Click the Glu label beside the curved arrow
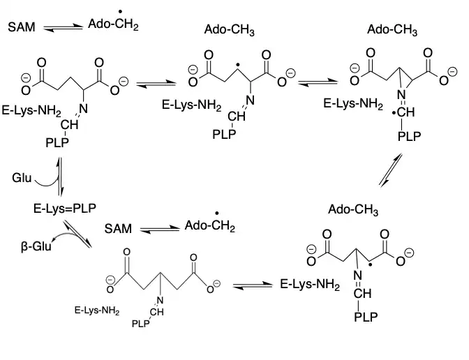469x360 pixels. [22, 178]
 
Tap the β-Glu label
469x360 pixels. [36, 246]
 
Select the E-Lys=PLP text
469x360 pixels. [65, 209]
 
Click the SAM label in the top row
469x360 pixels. [22, 27]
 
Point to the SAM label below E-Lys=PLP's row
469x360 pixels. [118, 229]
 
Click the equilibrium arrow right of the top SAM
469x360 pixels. [63, 28]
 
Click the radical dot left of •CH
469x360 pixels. [394, 113]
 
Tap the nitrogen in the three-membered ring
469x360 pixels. [401, 95]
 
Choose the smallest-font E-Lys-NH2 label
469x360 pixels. [97, 310]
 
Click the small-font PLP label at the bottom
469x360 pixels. [140, 324]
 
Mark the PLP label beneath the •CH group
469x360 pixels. [409, 136]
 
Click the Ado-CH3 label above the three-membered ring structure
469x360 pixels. [392, 30]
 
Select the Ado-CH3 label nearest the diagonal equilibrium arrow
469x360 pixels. [353, 209]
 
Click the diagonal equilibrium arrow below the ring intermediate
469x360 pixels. [390, 170]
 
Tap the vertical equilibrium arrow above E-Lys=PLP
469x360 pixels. [60, 177]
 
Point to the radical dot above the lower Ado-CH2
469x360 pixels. [216, 213]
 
